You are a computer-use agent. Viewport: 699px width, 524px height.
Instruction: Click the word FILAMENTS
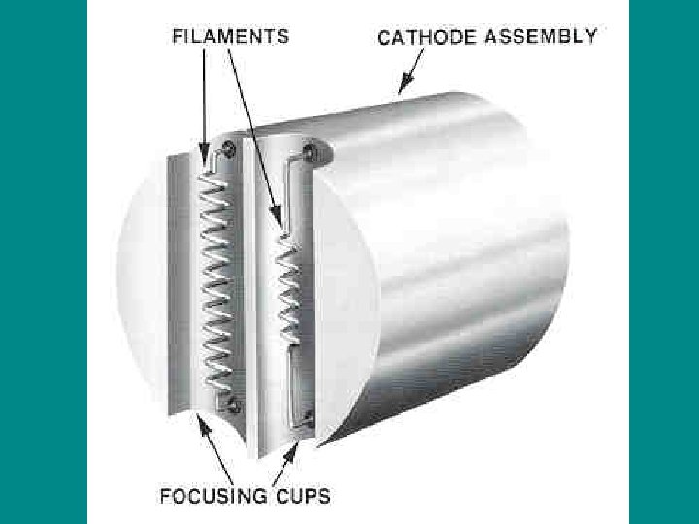[x=230, y=37]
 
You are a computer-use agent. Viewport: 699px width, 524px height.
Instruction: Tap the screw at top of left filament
[x=230, y=147]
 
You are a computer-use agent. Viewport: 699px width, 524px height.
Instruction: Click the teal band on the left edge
[x=44, y=262]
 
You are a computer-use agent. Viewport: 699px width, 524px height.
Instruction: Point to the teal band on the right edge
[x=664, y=262]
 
